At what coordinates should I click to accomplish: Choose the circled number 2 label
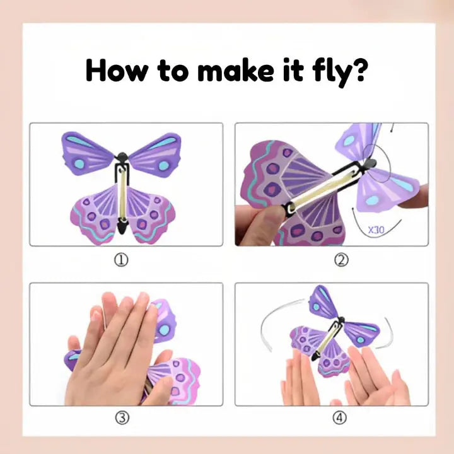[x=341, y=260]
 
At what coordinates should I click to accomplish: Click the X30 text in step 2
[x=376, y=230]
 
